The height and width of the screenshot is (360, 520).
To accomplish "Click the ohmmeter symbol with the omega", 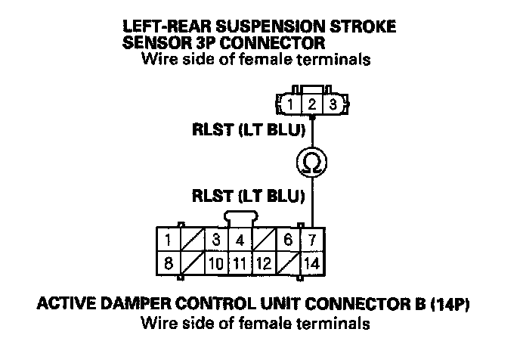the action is click(311, 163).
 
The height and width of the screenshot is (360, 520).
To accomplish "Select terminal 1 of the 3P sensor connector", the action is click(290, 104).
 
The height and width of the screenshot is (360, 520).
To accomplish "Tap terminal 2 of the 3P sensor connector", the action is click(311, 104).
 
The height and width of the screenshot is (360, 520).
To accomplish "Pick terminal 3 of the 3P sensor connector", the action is click(333, 104).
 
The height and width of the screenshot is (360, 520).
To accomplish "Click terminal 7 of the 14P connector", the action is click(312, 240).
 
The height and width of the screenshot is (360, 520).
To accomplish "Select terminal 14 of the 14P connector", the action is click(312, 263).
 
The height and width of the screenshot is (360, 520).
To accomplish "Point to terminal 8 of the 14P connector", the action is click(168, 263).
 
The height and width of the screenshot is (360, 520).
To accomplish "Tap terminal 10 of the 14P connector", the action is click(216, 263).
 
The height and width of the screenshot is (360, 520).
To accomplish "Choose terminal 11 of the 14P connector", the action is click(240, 263).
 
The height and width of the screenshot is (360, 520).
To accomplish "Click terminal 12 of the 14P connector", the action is click(265, 263).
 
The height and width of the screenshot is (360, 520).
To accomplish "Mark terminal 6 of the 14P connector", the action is click(288, 240).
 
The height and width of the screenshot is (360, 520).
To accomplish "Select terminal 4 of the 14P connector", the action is click(240, 240).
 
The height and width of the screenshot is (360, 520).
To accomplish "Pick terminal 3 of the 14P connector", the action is click(216, 240).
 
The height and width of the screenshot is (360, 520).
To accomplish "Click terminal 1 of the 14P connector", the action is click(168, 240).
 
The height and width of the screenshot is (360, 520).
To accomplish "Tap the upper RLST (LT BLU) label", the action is click(249, 130).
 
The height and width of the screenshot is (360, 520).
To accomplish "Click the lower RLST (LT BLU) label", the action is click(249, 196).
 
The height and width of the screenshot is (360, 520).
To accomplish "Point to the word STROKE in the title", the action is click(363, 26).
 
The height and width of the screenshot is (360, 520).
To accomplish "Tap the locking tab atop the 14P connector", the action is click(241, 217).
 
